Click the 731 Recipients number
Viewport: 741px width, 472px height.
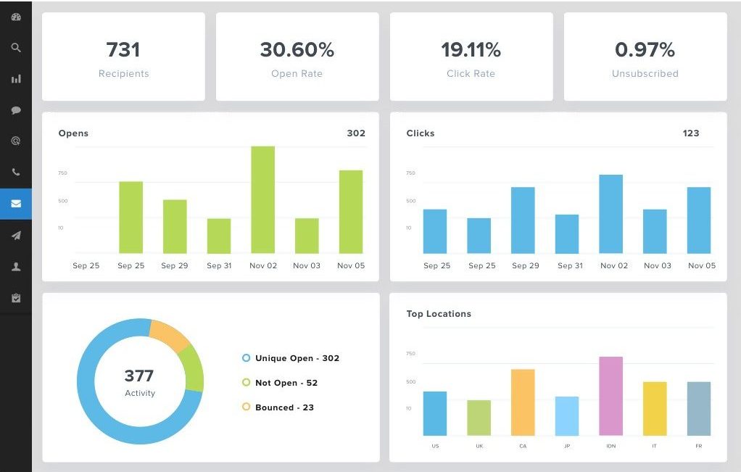(123, 49)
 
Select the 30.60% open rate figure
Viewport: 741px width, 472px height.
(297, 49)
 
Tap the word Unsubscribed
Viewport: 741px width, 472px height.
(645, 73)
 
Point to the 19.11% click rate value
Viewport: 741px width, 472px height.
(471, 49)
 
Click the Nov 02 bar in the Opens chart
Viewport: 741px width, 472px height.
(262, 199)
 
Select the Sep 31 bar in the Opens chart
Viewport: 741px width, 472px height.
(219, 236)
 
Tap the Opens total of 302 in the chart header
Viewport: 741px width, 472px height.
(356, 133)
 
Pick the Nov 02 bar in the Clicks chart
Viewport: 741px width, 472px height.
(610, 214)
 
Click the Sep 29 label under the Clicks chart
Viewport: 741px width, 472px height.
(526, 265)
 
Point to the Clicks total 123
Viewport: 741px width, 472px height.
(691, 133)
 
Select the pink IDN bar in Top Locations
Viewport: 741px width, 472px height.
(610, 396)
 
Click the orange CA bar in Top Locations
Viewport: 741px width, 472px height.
(523, 402)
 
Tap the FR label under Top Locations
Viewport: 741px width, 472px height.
(699, 446)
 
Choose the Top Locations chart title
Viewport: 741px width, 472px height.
(439, 314)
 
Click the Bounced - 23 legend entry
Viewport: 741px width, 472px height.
(284, 407)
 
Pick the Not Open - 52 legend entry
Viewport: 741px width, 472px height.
(286, 383)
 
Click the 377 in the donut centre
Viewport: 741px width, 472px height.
(139, 376)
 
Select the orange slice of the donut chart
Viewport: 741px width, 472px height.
(170, 336)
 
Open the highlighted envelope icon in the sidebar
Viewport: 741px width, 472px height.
(16, 204)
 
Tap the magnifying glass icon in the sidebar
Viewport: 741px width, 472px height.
(16, 48)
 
